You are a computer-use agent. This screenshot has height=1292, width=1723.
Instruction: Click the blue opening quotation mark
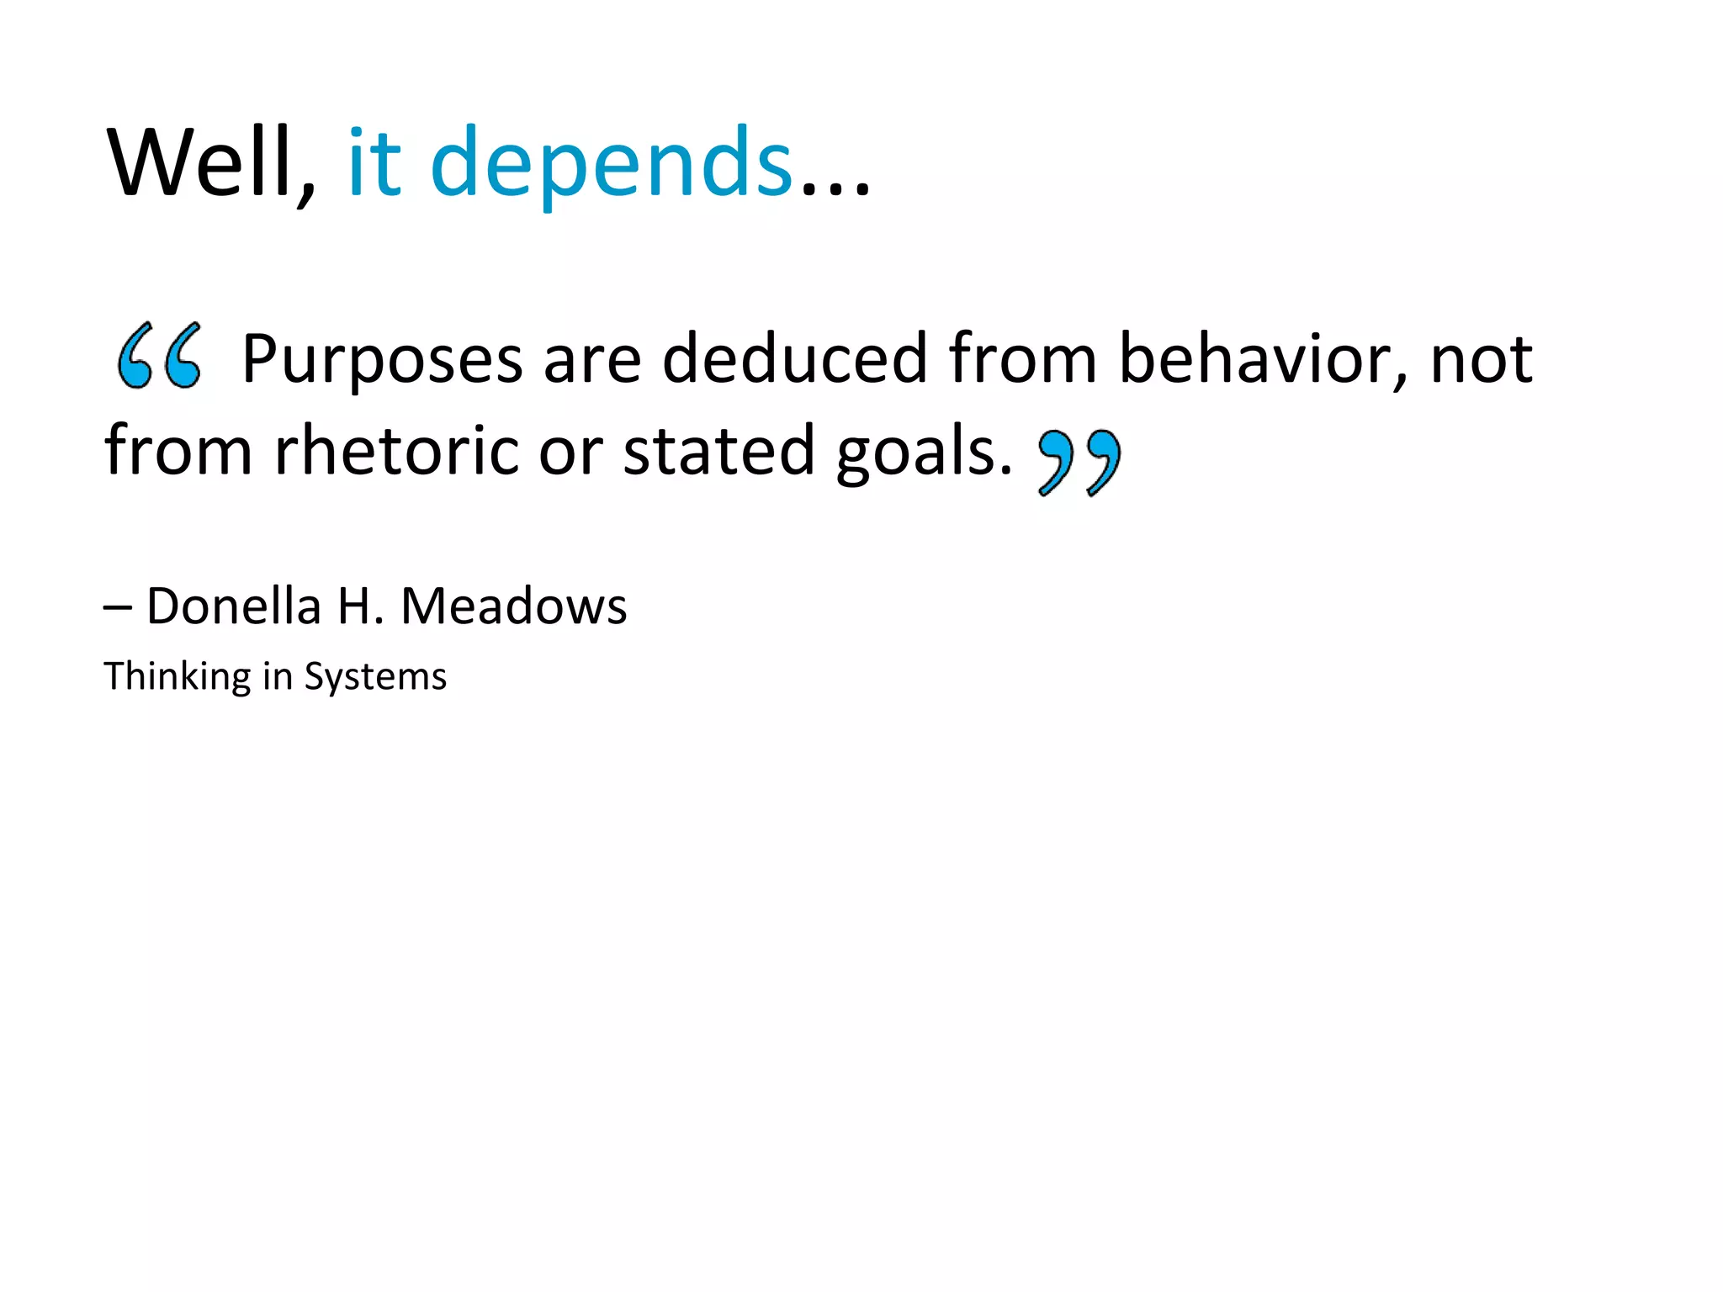pos(160,355)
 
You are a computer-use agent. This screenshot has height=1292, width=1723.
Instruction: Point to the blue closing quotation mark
pos(1079,462)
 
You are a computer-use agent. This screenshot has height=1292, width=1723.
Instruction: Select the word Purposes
pos(382,360)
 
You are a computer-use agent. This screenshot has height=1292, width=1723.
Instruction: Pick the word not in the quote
pos(1482,360)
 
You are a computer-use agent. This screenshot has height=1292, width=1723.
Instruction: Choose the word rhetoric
pos(395,451)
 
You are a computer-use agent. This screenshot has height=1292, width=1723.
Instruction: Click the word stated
pos(718,451)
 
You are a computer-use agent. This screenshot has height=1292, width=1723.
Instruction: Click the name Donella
pos(234,606)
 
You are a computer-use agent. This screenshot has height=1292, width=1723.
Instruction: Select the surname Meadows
pos(514,606)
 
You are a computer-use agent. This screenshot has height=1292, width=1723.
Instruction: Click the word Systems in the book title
pos(375,677)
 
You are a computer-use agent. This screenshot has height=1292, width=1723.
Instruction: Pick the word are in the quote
pos(592,360)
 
